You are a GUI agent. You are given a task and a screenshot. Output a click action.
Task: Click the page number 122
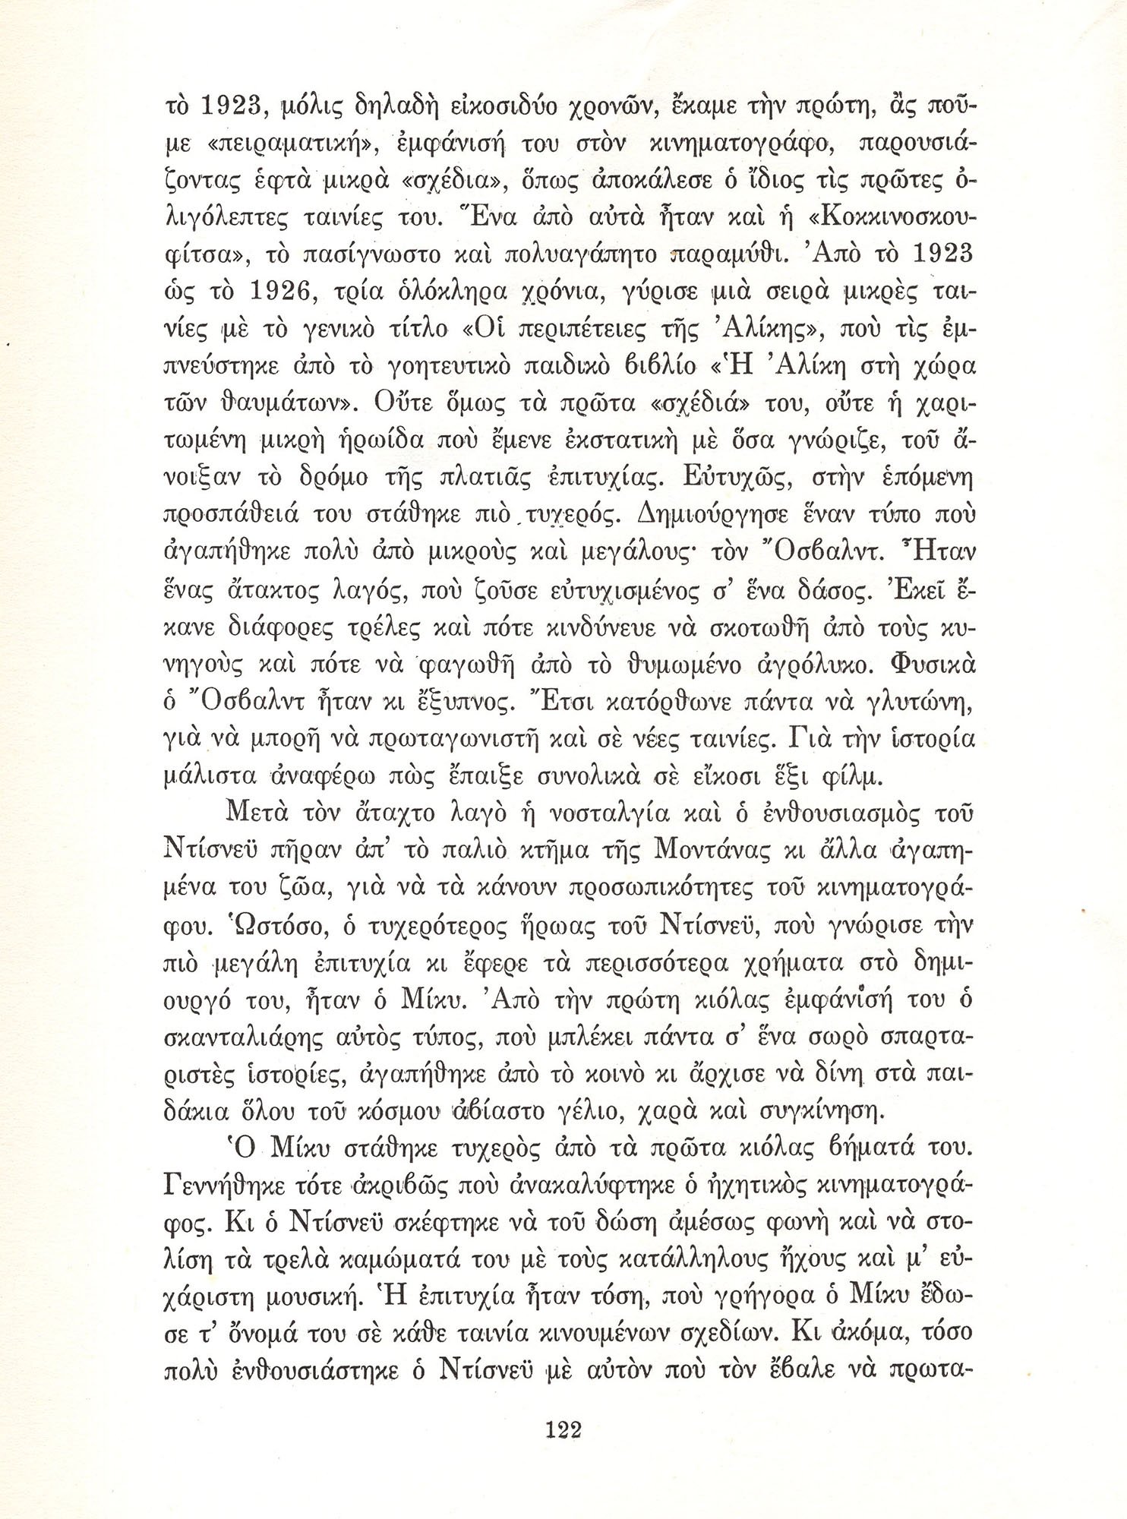click(563, 1432)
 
